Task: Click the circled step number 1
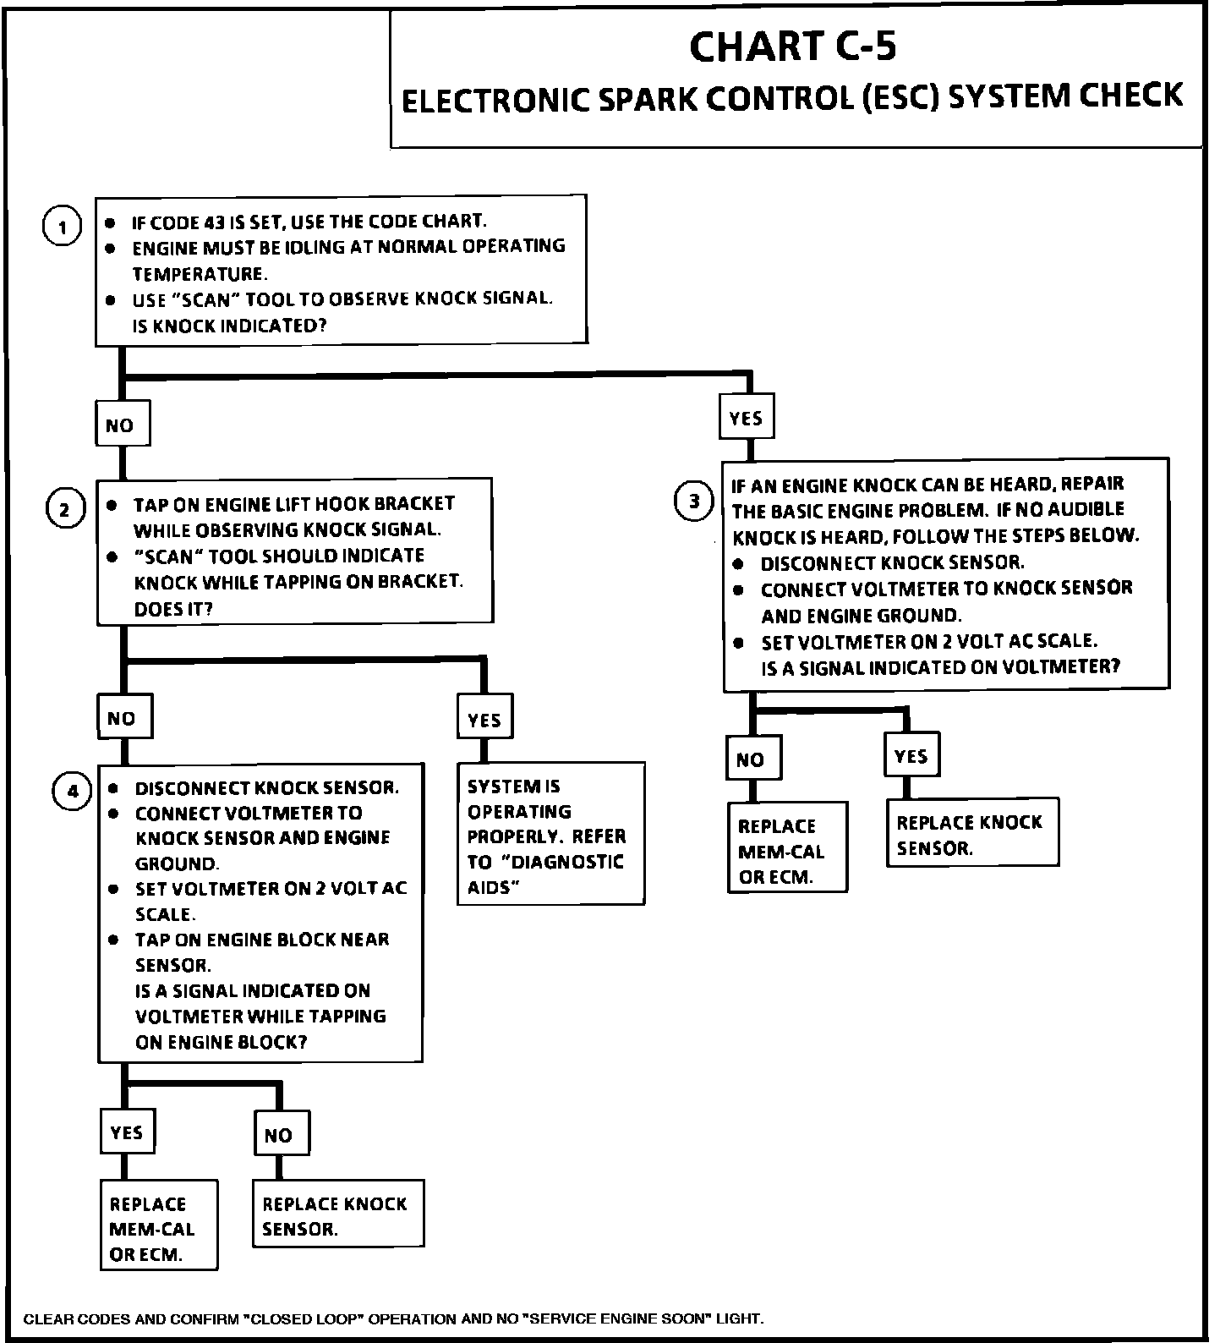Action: [x=62, y=227]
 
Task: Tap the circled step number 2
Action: [x=64, y=509]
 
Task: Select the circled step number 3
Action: [x=694, y=502]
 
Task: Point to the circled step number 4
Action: [x=73, y=792]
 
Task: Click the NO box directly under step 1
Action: [x=122, y=424]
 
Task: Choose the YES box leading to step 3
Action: [x=746, y=417]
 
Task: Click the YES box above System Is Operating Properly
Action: [x=484, y=719]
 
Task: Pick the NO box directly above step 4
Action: [x=123, y=718]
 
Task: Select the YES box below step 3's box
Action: [x=911, y=755]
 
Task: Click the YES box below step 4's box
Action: [x=127, y=1132]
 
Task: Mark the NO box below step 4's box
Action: [x=282, y=1134]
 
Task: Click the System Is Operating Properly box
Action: [x=550, y=835]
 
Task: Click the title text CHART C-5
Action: [x=792, y=47]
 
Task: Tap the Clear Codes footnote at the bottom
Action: [x=393, y=1318]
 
